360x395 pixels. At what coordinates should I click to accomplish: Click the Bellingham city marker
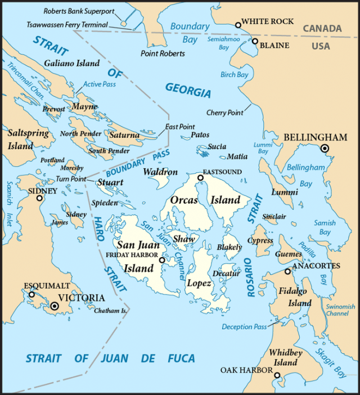[325, 149]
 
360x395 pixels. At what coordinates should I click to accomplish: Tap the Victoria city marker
[55, 306]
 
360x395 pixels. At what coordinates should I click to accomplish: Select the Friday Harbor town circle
[162, 261]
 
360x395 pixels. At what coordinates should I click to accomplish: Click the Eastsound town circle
[200, 178]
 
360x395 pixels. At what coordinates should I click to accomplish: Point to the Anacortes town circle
[287, 271]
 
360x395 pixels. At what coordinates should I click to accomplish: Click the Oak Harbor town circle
[277, 375]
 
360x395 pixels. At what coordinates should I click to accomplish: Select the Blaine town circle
[255, 41]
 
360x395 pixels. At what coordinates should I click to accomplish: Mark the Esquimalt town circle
[31, 294]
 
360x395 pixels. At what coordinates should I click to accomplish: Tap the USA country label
[321, 46]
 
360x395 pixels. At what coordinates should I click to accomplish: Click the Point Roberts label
[163, 53]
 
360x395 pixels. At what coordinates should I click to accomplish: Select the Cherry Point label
[225, 113]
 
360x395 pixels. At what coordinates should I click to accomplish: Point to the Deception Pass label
[244, 327]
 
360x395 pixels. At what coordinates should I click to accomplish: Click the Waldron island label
[160, 172]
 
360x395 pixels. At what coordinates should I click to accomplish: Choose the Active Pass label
[100, 84]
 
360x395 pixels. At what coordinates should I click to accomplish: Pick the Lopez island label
[199, 283]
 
